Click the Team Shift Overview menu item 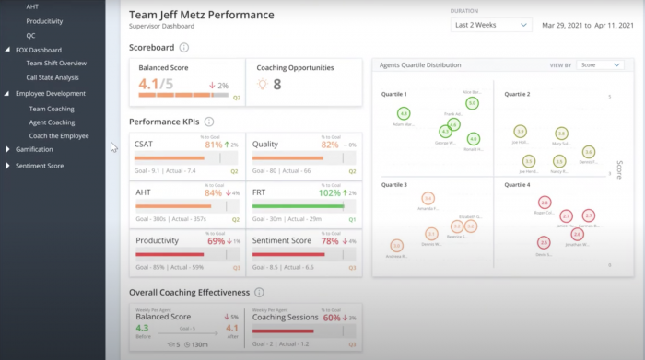[56, 63]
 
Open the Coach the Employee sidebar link [59, 135]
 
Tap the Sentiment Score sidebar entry [40, 166]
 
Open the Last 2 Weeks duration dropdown [491, 25]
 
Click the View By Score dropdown [601, 65]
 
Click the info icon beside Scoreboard [184, 48]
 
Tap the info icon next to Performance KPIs [209, 122]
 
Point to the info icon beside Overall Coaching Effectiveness [260, 293]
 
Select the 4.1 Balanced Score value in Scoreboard [148, 85]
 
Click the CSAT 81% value [214, 145]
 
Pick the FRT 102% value [329, 192]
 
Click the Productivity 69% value [216, 240]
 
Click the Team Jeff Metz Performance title [201, 16]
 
